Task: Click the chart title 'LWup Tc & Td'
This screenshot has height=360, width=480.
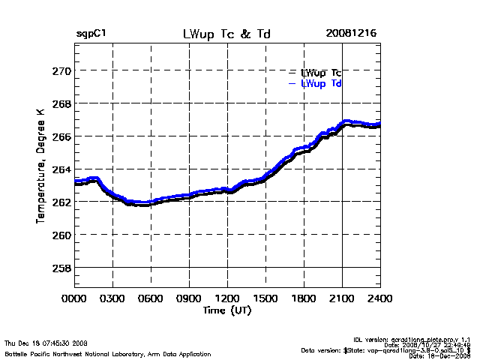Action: [x=227, y=34]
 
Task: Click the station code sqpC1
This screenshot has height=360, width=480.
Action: [x=91, y=34]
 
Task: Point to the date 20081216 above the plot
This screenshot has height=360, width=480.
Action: [x=351, y=34]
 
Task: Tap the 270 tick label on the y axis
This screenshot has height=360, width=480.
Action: [x=61, y=71]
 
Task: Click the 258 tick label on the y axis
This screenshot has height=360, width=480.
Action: [x=61, y=268]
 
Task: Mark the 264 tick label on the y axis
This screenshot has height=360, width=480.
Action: [x=61, y=169]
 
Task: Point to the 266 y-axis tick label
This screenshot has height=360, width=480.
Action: [x=61, y=136]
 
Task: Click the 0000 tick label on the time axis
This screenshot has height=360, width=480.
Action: [x=74, y=298]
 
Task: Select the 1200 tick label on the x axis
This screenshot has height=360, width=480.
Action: [x=227, y=298]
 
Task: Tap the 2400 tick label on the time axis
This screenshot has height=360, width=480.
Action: [x=379, y=298]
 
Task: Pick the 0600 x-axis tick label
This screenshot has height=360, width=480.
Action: [x=151, y=298]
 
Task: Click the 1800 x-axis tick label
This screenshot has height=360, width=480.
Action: [x=304, y=298]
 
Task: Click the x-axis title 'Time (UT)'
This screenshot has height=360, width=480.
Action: [x=226, y=310]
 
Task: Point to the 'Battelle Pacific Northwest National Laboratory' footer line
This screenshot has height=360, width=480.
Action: [x=107, y=353]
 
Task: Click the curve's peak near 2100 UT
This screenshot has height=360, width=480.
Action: [x=346, y=121]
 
